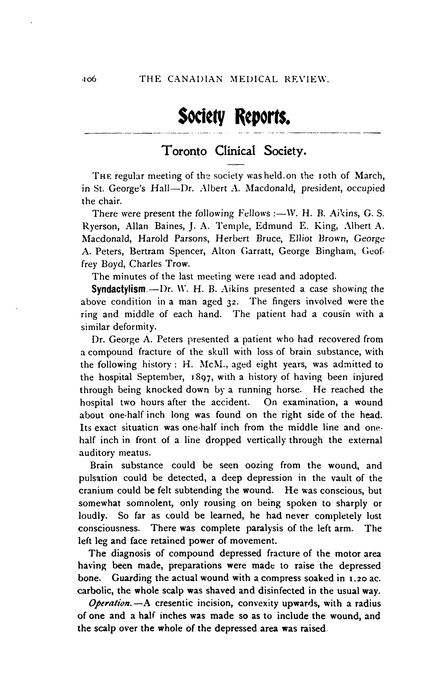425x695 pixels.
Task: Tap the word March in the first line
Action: tap(370, 176)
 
